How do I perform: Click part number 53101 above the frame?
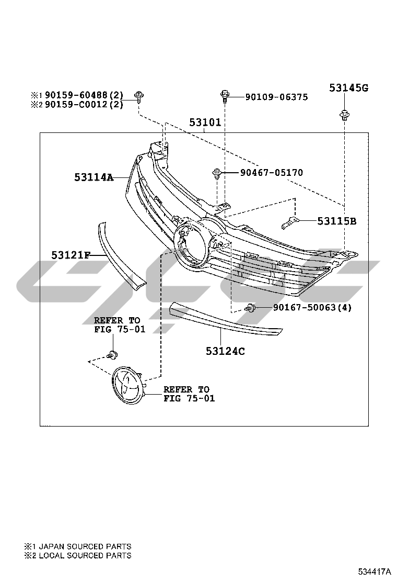click(x=205, y=122)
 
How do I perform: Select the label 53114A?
click(x=94, y=177)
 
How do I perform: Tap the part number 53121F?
click(x=71, y=255)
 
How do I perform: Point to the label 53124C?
click(x=225, y=351)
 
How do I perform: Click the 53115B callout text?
click(x=336, y=221)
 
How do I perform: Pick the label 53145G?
click(x=349, y=88)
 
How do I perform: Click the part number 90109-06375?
click(x=276, y=97)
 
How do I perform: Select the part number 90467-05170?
click(x=272, y=173)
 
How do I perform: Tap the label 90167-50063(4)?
click(x=312, y=307)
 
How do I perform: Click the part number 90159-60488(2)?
click(x=84, y=95)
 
